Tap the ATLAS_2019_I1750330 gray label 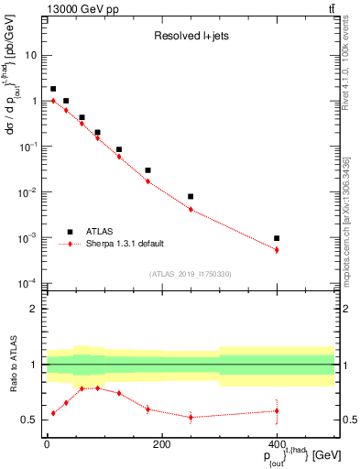(x=190, y=273)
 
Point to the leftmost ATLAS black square (x=53, y=89)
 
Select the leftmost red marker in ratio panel (x=53, y=413)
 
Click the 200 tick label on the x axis (x=161, y=444)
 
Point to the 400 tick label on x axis (x=277, y=444)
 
